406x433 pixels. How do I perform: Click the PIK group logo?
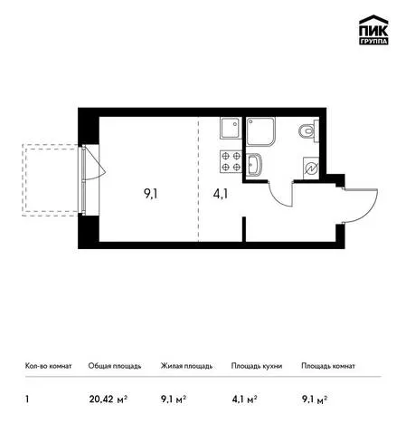373,30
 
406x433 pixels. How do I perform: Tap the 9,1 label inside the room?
151,194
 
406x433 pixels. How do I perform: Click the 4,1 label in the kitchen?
221,194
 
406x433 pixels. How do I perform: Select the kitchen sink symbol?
231,128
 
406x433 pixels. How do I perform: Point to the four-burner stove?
231,161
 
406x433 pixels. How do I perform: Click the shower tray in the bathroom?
260,131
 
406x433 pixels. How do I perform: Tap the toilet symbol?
308,131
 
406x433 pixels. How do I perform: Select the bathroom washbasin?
254,164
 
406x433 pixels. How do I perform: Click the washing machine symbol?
311,168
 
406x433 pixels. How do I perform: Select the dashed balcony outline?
22,180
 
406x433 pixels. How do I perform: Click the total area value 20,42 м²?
108,399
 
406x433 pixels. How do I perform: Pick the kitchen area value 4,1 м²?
244,399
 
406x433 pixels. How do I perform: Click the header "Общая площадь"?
115,366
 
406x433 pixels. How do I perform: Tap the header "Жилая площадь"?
186,366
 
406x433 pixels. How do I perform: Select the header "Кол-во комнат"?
49,366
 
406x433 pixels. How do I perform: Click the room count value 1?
27,399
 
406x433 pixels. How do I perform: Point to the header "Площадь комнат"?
328,366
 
